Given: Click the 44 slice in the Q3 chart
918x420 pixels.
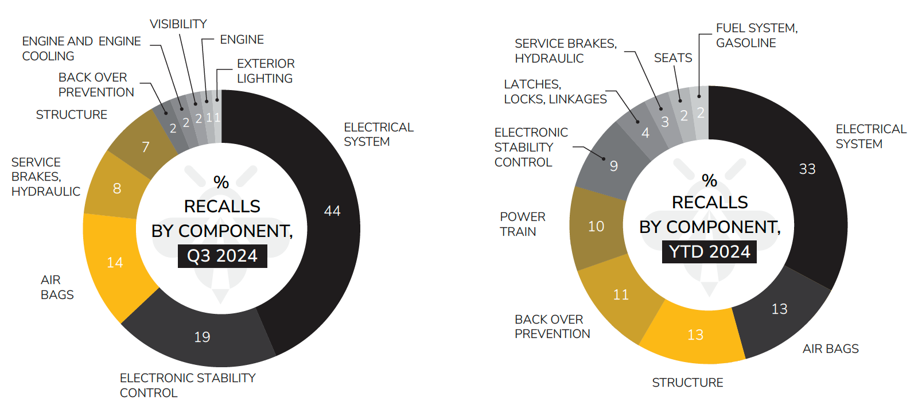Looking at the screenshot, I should (x=331, y=211).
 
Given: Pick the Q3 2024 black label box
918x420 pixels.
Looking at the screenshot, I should (x=222, y=256).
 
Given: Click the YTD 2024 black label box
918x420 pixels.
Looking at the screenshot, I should (x=709, y=252).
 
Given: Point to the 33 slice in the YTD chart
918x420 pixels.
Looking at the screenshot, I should (x=807, y=169).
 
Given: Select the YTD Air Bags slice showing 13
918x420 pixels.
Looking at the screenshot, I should (x=779, y=309).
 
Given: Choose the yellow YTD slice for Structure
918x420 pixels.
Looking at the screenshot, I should (x=695, y=335).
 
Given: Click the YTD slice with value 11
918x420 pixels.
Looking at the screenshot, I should (x=620, y=295).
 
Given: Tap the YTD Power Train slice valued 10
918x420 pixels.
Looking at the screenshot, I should (x=596, y=227).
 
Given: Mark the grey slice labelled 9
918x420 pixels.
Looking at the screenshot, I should (x=613, y=166).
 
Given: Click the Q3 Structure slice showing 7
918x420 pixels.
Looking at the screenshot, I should (x=145, y=147).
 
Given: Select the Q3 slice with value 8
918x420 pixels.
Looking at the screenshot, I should (x=116, y=188).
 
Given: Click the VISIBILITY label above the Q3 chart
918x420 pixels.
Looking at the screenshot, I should (x=178, y=24).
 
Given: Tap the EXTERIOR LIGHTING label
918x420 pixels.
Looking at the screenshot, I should (x=266, y=71).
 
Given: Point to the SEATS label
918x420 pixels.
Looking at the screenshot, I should (x=673, y=58).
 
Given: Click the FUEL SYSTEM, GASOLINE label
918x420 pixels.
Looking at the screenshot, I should (x=756, y=36).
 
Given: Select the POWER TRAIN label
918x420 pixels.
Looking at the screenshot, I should (x=522, y=224).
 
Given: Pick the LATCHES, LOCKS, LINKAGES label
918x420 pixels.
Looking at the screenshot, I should (x=555, y=92).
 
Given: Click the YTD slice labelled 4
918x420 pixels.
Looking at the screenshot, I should (x=645, y=133).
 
